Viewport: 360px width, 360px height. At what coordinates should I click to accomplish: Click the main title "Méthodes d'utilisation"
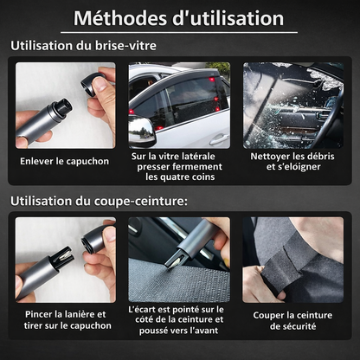coord(178,17)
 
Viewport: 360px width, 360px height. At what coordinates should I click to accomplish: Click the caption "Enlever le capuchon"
coord(64,161)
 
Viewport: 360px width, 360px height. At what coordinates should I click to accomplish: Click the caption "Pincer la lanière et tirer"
coord(64,319)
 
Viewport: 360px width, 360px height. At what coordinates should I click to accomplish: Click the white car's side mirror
coord(140,132)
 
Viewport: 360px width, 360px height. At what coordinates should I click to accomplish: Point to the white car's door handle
coord(219,137)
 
